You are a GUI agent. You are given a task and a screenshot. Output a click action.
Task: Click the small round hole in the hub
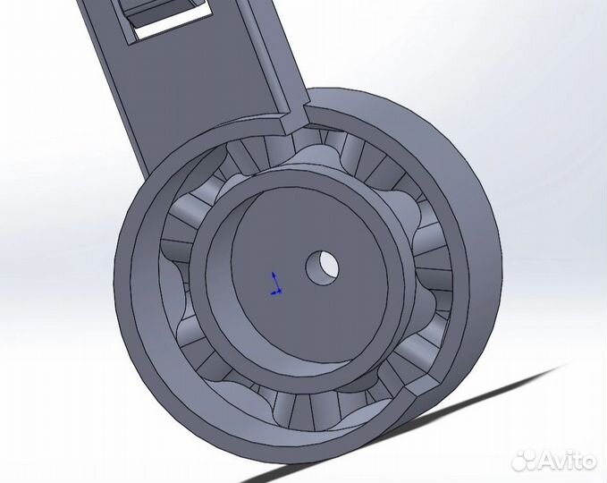coord(323,266)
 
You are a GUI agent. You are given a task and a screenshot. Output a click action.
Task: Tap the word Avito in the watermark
coord(561,460)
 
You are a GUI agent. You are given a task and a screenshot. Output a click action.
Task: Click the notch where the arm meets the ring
coord(300,114)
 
